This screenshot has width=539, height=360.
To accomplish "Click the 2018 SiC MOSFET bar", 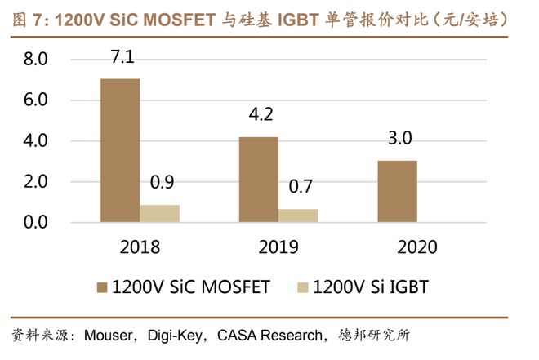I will (x=119, y=150).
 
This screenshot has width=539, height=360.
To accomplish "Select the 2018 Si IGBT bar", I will (x=159, y=213).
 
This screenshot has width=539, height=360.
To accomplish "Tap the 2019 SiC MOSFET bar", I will (x=258, y=180).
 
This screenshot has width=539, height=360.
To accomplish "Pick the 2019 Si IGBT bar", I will (x=298, y=216).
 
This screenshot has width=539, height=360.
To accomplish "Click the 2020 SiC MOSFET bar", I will (x=398, y=191).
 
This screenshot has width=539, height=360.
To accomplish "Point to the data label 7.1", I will (x=119, y=57).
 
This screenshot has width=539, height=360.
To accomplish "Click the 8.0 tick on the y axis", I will (x=36, y=60).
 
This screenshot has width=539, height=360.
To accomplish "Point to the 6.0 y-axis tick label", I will (x=36, y=100).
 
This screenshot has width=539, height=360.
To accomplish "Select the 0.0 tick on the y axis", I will (x=36, y=222).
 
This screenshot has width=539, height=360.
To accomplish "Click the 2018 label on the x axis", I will (x=140, y=247).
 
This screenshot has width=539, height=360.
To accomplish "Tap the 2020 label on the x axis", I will (x=417, y=247).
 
